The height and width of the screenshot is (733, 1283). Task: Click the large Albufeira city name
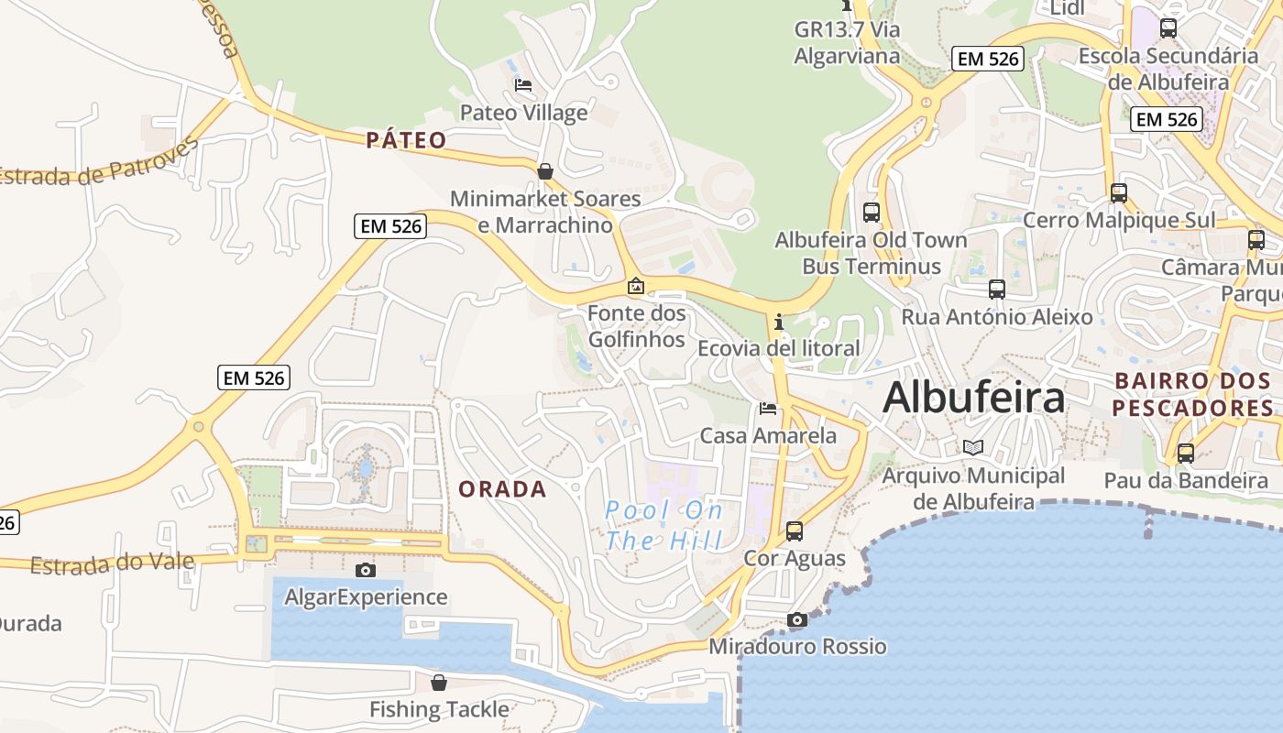click(x=974, y=398)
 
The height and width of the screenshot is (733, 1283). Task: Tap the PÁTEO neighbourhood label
click(x=406, y=140)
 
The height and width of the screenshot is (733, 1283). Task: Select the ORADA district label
click(x=502, y=489)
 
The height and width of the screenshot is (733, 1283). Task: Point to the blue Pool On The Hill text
click(x=664, y=525)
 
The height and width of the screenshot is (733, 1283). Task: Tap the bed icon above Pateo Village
click(x=523, y=85)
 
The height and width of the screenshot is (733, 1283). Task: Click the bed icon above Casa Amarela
click(x=768, y=408)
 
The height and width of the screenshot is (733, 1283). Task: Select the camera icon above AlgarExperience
click(x=365, y=570)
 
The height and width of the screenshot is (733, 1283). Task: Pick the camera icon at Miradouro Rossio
click(x=797, y=620)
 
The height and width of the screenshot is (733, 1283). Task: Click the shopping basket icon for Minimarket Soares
click(x=545, y=171)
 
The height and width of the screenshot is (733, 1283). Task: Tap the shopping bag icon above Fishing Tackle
click(x=439, y=683)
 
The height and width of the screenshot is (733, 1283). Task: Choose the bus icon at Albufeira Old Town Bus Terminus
click(x=872, y=213)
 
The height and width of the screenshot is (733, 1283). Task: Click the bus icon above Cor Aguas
click(x=795, y=531)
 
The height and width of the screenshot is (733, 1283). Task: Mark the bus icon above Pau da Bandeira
click(x=1186, y=453)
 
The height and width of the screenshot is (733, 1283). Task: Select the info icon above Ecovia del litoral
click(x=779, y=322)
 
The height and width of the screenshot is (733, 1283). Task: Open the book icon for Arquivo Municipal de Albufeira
click(x=972, y=447)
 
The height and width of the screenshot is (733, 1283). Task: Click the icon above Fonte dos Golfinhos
click(x=635, y=287)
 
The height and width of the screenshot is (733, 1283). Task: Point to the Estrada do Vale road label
click(x=113, y=563)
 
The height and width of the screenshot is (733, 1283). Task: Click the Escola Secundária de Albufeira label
click(x=1168, y=69)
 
